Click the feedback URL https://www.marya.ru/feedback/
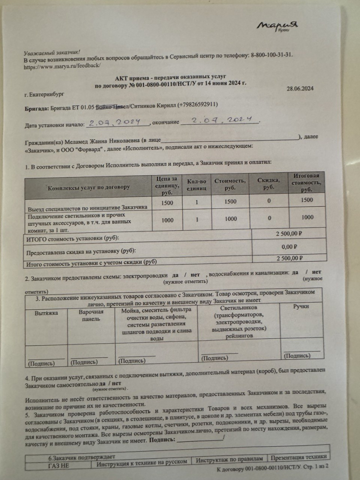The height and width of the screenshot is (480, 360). [62, 65]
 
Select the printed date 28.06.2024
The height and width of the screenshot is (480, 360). [300, 88]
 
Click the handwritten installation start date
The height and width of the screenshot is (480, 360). [115, 122]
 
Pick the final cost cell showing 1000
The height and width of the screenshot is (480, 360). [307, 218]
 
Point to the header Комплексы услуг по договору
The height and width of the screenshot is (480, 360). [89, 187]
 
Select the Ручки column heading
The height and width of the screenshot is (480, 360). [300, 306]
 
